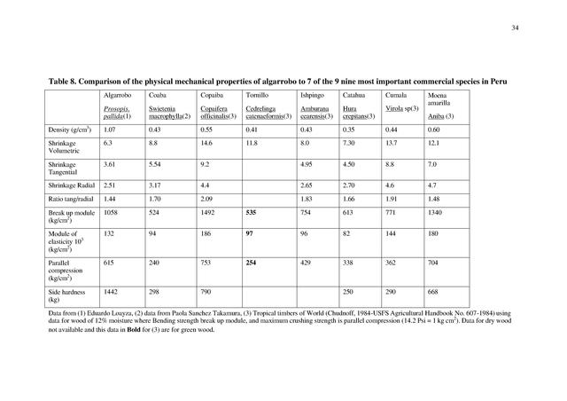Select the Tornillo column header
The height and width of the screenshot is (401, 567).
coord(258,94)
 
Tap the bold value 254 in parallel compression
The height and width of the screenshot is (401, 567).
coord(252,263)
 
